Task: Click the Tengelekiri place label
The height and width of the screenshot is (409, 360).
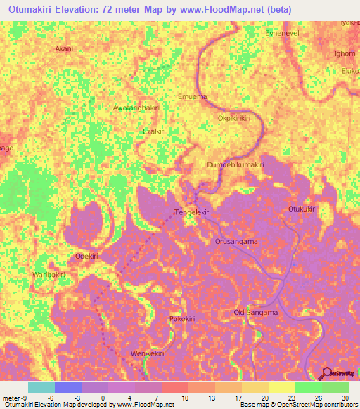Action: [x=193, y=212]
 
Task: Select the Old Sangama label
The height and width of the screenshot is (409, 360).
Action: [x=255, y=312]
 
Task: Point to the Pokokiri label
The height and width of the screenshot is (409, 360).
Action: [x=181, y=319]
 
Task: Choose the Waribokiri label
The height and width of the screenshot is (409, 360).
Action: [x=49, y=274]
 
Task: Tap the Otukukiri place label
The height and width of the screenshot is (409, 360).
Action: [x=303, y=209]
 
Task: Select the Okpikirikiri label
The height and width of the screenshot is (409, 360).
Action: [x=234, y=119]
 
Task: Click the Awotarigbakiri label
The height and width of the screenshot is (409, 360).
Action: [x=136, y=108]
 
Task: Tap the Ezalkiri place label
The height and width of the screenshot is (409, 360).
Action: [x=154, y=131]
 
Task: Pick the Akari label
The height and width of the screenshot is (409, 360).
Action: [x=64, y=49]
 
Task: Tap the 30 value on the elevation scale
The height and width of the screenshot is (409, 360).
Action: [x=344, y=398]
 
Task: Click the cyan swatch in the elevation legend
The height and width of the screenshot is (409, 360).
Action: [x=41, y=387]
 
